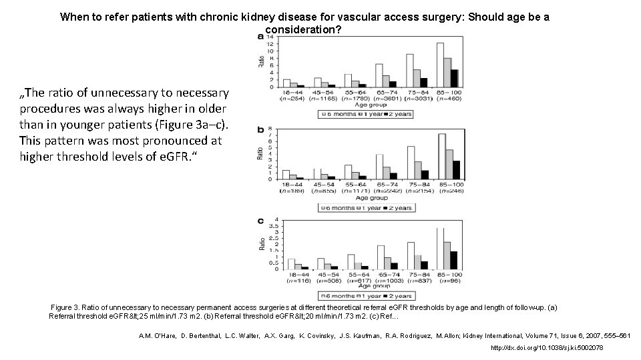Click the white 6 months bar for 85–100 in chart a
(440, 65)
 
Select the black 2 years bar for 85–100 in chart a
(454, 78)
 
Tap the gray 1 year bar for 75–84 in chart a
(417, 78)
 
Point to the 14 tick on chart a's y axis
(270, 37)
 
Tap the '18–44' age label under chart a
(290, 93)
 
